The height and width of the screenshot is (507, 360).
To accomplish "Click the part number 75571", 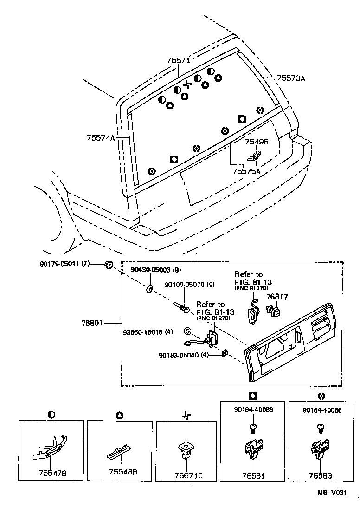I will pos(179,60).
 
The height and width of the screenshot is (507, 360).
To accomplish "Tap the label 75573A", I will pos(291,78).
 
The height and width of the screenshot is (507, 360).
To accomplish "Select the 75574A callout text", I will pos(100,138).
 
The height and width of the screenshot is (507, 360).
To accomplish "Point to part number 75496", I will pos(257,142).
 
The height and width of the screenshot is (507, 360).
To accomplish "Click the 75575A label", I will pos(246,171).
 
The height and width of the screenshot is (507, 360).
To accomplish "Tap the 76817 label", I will pos(277,296).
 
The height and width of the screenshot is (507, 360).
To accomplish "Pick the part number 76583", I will pos(321,476).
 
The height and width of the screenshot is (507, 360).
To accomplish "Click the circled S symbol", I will pos(187,331).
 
